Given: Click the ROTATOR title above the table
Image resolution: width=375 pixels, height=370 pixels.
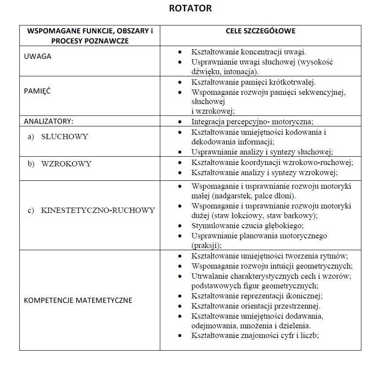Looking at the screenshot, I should (190, 8).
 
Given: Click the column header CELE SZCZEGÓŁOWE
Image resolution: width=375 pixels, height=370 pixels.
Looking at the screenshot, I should (260, 31).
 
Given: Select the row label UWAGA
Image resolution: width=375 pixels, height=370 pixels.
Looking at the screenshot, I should (37, 57).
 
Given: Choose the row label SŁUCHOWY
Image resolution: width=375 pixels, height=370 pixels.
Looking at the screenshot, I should (65, 137).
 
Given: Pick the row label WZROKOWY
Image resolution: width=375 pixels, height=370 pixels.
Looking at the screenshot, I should (66, 164).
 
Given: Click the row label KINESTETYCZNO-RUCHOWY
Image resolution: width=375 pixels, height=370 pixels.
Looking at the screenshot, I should (98, 210).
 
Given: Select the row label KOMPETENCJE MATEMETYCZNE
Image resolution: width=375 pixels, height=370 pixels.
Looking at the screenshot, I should (78, 301).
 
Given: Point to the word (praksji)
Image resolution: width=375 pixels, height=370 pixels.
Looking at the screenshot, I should (206, 245).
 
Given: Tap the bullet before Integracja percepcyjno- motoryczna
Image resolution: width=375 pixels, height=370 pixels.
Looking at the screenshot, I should (180, 122).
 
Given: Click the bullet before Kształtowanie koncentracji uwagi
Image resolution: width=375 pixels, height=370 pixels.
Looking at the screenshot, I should (180, 52).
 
